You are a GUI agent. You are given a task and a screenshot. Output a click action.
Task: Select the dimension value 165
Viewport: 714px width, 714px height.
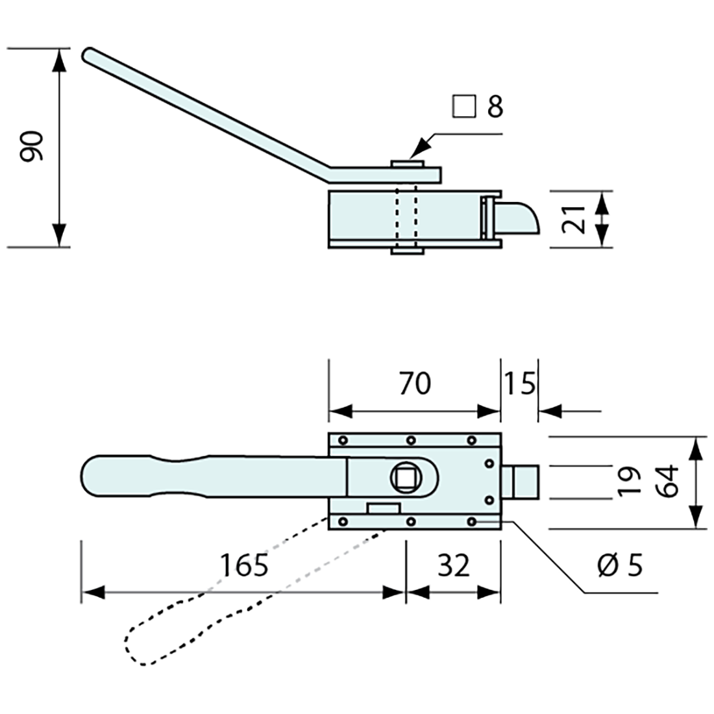pyautogui.click(x=243, y=565)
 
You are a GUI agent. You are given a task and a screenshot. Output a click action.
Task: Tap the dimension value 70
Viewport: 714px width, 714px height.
pyautogui.click(x=414, y=384)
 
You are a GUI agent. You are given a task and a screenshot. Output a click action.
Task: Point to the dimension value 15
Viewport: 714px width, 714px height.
pyautogui.click(x=519, y=384)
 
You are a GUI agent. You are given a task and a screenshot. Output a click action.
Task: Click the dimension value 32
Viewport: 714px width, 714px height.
pyautogui.click(x=453, y=565)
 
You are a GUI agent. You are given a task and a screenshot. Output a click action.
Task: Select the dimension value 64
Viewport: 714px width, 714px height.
pyautogui.click(x=667, y=481)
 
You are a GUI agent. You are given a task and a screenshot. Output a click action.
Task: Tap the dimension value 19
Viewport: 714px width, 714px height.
pyautogui.click(x=628, y=481)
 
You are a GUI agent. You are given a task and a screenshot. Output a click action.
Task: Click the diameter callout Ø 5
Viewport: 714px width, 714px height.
pyautogui.click(x=620, y=565)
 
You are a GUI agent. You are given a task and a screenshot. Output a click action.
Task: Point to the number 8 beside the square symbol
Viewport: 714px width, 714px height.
pyautogui.click(x=495, y=107)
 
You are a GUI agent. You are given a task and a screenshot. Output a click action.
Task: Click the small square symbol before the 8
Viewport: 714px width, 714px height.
pyautogui.click(x=463, y=107)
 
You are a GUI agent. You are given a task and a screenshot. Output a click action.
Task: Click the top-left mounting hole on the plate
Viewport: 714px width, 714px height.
pyautogui.click(x=343, y=441)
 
